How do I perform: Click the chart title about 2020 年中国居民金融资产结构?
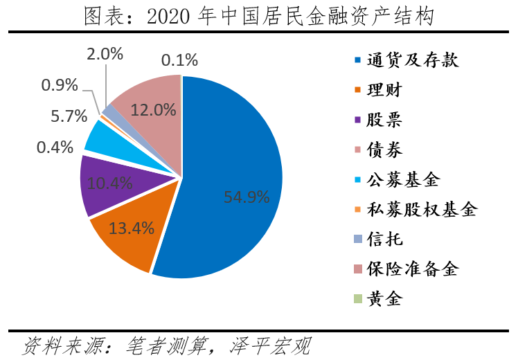258,16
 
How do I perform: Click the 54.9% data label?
247,197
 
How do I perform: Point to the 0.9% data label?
60,85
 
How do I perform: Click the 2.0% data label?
105,53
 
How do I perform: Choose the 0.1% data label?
179,60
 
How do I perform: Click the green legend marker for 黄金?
357,299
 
